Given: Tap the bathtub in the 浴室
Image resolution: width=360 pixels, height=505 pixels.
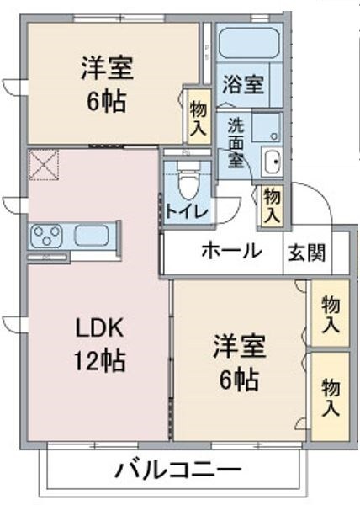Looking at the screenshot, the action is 249,43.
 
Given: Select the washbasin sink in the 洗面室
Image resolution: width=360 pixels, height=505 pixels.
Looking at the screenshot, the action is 272,162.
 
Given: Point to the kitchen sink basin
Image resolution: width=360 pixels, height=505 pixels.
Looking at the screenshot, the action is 92,236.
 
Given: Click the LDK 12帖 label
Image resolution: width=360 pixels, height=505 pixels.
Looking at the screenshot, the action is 99,344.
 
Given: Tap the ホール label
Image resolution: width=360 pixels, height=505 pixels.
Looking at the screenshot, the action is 231,251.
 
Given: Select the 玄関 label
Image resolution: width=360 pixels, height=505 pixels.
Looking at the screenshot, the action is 307,252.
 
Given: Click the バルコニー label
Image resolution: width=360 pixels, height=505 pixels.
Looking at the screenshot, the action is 178,470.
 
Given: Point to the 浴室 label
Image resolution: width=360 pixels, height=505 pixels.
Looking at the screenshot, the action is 243,84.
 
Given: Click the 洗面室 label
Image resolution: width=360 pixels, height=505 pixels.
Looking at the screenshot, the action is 236,143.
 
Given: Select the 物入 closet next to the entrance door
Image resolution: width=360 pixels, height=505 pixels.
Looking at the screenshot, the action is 272,206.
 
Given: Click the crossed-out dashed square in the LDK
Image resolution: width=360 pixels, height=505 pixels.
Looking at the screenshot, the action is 44,165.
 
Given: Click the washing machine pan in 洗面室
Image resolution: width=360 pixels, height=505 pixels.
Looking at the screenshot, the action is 267,127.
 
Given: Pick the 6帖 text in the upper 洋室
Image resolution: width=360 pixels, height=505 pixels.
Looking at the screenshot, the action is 106,102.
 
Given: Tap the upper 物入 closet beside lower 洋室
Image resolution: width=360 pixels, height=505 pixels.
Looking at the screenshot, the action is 331,313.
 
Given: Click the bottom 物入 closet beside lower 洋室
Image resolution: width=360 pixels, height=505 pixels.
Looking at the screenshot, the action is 331,396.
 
